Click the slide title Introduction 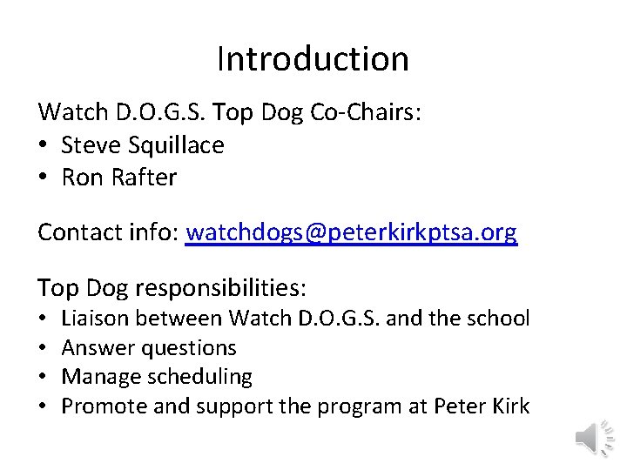(x=313, y=59)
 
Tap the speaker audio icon (x=596, y=436)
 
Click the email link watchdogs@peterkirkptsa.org (x=352, y=232)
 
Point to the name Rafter (x=145, y=178)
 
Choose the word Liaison (x=96, y=318)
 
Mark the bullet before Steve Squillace (x=44, y=145)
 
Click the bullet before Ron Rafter (x=44, y=178)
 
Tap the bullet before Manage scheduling (x=44, y=378)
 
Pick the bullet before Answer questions (x=44, y=348)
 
